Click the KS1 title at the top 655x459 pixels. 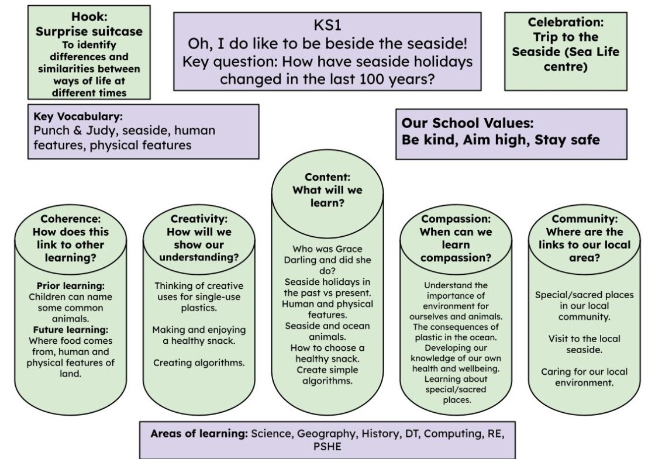coord(327,25)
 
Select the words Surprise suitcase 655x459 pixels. coord(89,32)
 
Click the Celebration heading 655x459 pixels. coord(566,22)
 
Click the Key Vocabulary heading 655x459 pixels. coord(78,116)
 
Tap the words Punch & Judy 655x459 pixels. coord(74,130)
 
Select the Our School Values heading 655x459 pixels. coord(467,123)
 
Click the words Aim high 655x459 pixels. coord(495,140)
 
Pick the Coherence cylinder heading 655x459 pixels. coord(71,219)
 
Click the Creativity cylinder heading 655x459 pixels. coord(199,219)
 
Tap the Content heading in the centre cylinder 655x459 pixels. coord(327,177)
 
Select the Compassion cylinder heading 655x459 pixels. coord(456,219)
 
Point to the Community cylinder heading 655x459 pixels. coord(584,219)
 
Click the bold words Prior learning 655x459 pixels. coord(71,286)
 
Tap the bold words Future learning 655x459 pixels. coord(71,330)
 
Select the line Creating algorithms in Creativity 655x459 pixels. coord(199,363)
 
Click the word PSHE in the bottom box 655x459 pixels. coord(327,447)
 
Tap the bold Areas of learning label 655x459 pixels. coord(199,433)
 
